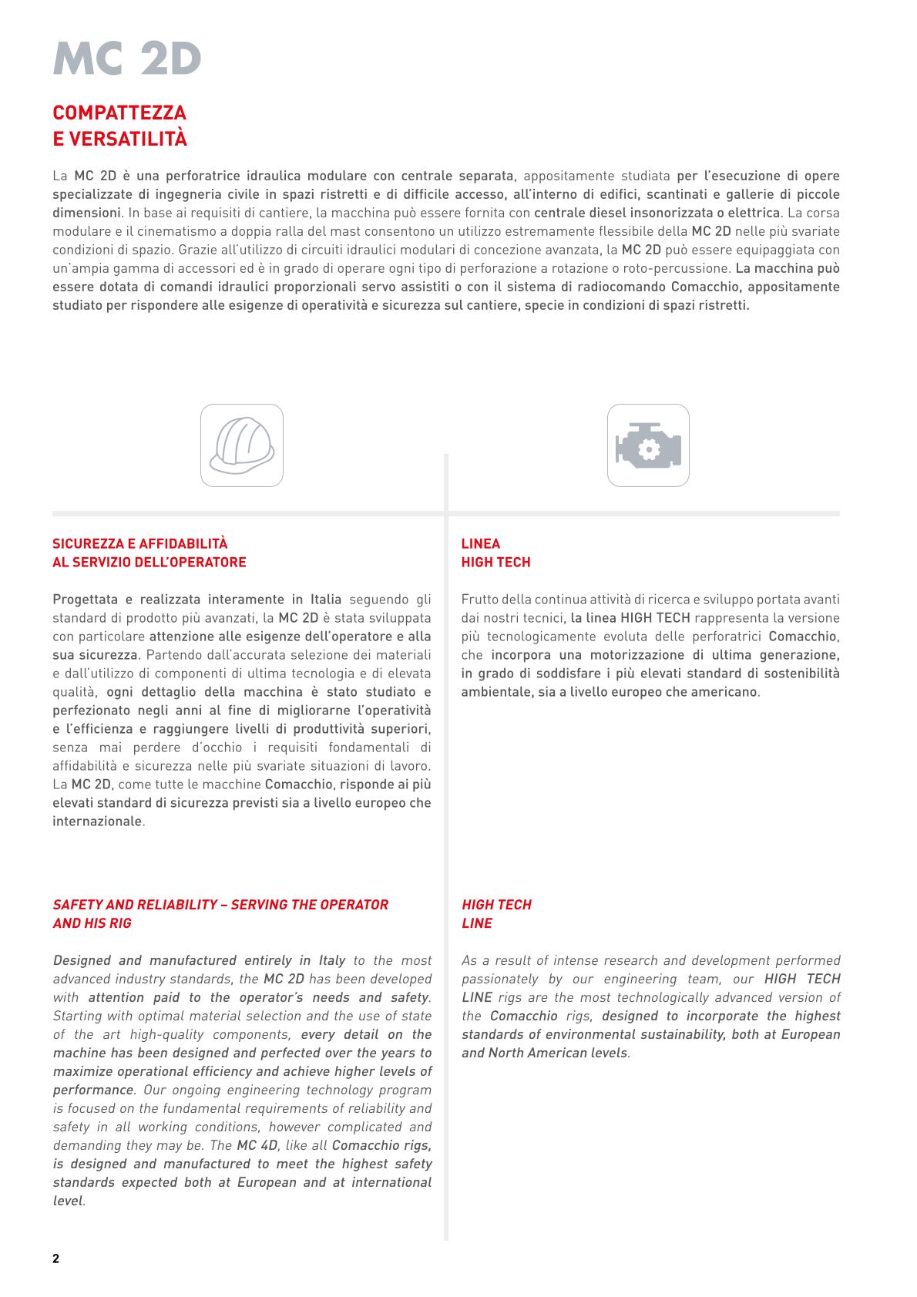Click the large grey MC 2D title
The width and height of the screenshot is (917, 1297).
(x=127, y=59)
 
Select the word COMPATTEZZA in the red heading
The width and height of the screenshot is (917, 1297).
(x=119, y=113)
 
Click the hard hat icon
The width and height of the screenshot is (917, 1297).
(x=242, y=445)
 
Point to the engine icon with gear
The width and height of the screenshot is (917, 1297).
(x=648, y=445)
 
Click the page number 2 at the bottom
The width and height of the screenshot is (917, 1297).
(x=55, y=1259)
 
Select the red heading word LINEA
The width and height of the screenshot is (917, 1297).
(x=481, y=544)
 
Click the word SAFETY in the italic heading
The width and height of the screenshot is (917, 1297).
(x=75, y=905)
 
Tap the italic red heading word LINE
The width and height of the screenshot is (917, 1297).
(x=477, y=923)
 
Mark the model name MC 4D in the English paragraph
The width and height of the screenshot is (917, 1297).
(x=257, y=1145)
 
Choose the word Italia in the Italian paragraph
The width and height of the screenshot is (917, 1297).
(x=324, y=600)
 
